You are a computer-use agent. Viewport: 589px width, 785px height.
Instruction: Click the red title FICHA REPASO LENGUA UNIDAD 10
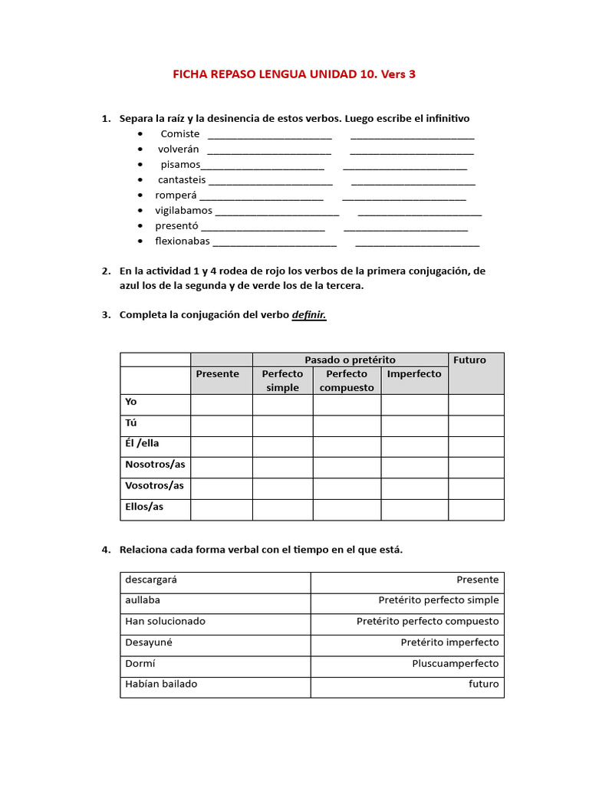(x=294, y=74)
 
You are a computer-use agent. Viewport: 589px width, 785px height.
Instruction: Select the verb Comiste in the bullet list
(x=179, y=134)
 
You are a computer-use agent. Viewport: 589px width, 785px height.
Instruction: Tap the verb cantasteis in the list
(x=183, y=180)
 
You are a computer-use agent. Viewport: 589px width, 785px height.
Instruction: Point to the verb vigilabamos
(x=184, y=211)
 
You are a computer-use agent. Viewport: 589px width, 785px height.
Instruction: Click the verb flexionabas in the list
(x=183, y=241)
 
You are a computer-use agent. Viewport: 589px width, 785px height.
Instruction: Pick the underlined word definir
(x=309, y=315)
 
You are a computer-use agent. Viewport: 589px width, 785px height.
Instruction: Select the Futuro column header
(x=470, y=360)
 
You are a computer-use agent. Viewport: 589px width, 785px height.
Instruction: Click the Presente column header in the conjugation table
(x=218, y=374)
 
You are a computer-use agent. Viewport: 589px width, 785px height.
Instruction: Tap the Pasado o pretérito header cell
(x=350, y=360)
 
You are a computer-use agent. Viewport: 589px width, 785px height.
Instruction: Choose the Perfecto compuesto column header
(x=347, y=380)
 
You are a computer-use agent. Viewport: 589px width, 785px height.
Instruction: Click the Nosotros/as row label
(x=155, y=465)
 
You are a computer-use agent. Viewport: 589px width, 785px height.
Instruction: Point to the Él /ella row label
(x=143, y=444)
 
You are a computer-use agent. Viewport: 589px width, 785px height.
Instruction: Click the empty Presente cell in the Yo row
(x=221, y=405)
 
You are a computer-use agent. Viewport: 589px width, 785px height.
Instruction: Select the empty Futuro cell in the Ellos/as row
(x=475, y=509)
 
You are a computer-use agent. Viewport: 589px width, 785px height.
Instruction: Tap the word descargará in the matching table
(x=146, y=580)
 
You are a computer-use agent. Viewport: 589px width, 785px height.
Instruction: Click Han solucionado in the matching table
(x=165, y=622)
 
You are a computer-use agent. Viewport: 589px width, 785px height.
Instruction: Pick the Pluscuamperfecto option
(x=455, y=663)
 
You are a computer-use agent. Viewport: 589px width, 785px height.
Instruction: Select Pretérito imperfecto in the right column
(x=449, y=642)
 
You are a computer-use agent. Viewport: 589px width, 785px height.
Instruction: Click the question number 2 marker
(x=105, y=271)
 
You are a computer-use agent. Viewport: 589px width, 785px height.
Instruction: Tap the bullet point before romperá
(x=140, y=195)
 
